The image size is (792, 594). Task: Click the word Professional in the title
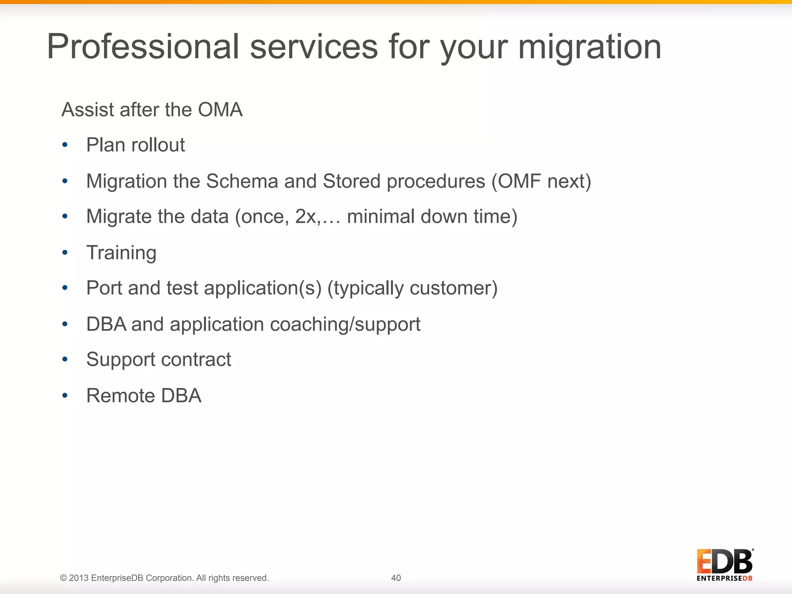click(143, 47)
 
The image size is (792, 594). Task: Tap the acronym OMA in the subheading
click(220, 110)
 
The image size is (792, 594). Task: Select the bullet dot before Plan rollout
click(65, 145)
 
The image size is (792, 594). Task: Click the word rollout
click(158, 145)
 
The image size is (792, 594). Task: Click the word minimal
click(381, 217)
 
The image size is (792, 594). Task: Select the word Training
click(121, 253)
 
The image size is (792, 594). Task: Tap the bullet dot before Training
click(65, 253)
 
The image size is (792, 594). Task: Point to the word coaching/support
click(345, 324)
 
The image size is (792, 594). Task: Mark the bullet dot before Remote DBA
click(65, 396)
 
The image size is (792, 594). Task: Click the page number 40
click(396, 578)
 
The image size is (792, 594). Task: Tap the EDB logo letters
click(724, 562)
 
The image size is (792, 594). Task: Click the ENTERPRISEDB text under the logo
click(724, 579)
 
